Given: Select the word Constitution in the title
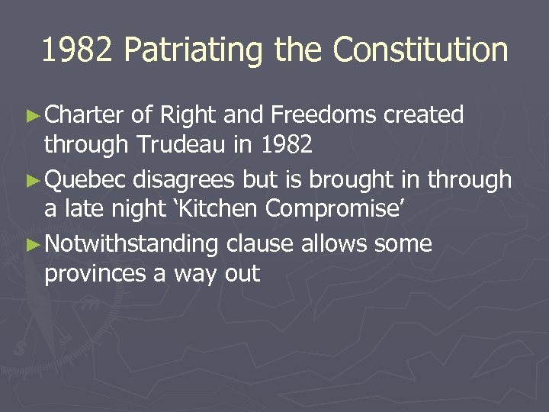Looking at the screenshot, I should click(x=420, y=50).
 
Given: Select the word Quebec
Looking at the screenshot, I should click(x=86, y=180).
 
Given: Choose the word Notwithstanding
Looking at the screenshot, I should click(x=131, y=244).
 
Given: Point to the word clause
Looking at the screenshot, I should click(x=258, y=244).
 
